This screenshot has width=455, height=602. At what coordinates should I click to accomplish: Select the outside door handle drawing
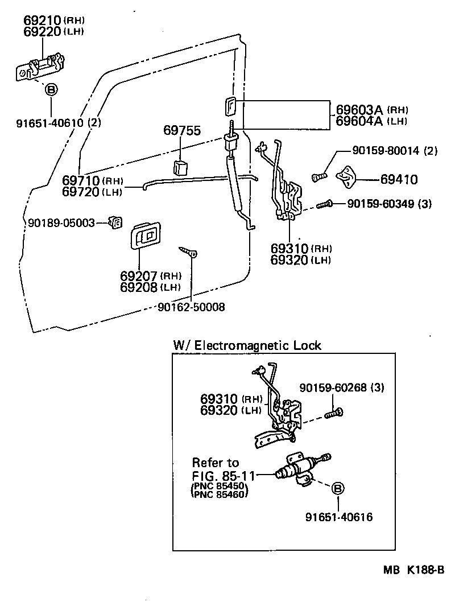coord(38,65)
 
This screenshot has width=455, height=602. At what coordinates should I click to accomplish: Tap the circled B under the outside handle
coord(51,90)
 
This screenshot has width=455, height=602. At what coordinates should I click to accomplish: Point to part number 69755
coord(182,130)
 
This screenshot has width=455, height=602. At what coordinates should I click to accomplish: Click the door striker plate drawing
coord(346,178)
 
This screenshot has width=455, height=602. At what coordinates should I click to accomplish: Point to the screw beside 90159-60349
coord(324,203)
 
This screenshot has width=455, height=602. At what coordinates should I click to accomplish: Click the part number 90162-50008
coord(192,307)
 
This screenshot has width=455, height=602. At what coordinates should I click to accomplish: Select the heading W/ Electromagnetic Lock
coord(247,345)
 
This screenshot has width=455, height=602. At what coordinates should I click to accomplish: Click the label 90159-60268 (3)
coord(342,388)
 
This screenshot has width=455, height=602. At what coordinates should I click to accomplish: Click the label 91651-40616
coord(339,517)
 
